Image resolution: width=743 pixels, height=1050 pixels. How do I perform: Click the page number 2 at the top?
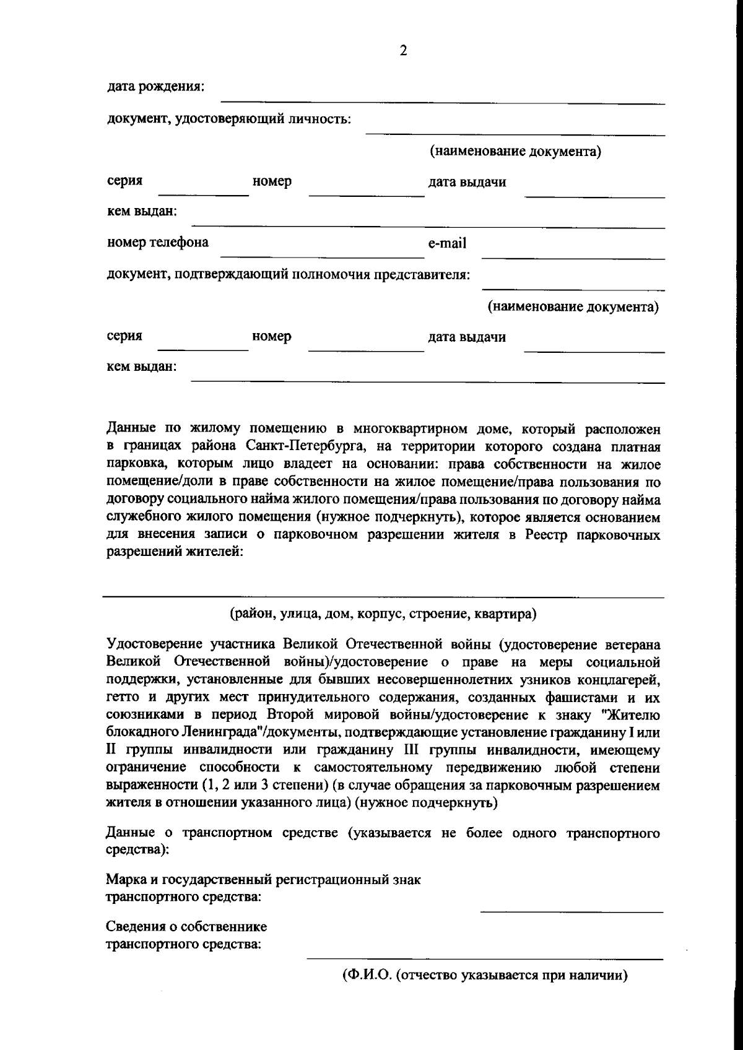point(403,51)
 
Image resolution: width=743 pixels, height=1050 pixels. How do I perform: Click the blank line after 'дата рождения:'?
point(443,103)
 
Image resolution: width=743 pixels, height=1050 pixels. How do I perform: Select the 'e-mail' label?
point(447,243)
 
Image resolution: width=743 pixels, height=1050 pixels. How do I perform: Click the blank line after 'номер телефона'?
point(319,256)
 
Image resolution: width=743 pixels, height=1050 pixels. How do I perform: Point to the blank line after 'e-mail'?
point(573,257)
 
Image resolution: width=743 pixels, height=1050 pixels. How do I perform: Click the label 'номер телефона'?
point(158,242)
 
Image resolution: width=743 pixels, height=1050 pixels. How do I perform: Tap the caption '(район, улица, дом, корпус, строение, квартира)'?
point(383,614)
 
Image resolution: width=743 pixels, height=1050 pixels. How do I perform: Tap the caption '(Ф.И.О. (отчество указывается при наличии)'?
point(485,976)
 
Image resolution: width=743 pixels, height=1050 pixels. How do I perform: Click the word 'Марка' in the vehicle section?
point(126,879)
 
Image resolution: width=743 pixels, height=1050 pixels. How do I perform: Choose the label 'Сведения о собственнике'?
point(187,927)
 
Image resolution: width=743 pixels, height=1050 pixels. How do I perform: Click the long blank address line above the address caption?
point(383,597)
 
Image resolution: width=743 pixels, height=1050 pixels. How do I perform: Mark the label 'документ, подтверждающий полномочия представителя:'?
point(289,274)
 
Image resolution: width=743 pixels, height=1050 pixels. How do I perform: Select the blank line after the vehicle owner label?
point(485,958)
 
